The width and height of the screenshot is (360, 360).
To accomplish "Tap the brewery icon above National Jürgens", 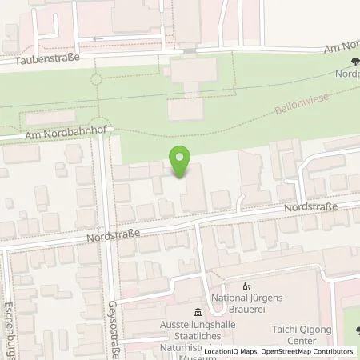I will [x=246, y=286].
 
